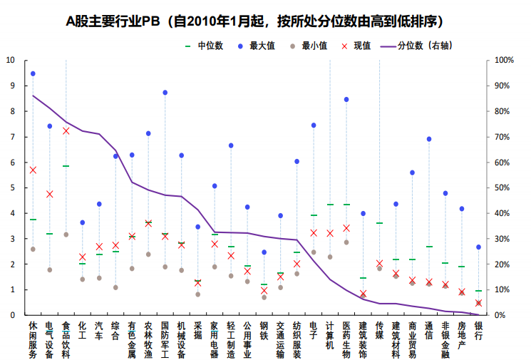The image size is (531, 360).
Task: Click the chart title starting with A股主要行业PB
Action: (x=265, y=21)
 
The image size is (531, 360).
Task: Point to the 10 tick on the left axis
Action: (x=11, y=60)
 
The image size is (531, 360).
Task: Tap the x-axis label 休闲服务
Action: (x=33, y=339)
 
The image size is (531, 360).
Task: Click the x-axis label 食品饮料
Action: (x=66, y=339)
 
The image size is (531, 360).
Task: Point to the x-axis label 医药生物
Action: (x=346, y=339)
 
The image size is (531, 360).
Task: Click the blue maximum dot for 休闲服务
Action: (x=33, y=73)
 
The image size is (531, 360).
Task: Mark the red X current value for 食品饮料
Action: (x=66, y=131)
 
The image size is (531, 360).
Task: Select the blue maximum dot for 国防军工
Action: (x=165, y=93)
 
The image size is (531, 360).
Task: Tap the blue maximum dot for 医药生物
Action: (x=346, y=100)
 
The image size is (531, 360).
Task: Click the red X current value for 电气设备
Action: (x=49, y=194)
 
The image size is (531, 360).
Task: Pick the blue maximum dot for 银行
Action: (x=478, y=247)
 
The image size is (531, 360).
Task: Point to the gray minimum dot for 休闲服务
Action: (x=33, y=249)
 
